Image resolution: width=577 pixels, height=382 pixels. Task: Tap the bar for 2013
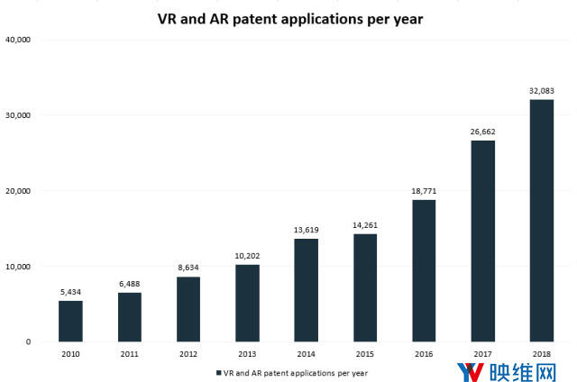click(x=247, y=303)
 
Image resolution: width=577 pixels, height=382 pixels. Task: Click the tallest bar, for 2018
click(x=541, y=220)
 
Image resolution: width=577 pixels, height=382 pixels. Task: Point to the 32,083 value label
click(x=541, y=90)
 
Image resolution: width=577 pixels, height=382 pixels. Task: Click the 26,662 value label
click(x=482, y=132)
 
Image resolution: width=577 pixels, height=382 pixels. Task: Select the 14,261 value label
click(x=364, y=225)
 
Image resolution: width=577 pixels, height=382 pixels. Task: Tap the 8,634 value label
click(x=188, y=268)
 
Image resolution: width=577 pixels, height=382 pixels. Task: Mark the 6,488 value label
click(x=130, y=284)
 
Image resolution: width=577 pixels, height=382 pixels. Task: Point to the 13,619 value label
click(x=306, y=230)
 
